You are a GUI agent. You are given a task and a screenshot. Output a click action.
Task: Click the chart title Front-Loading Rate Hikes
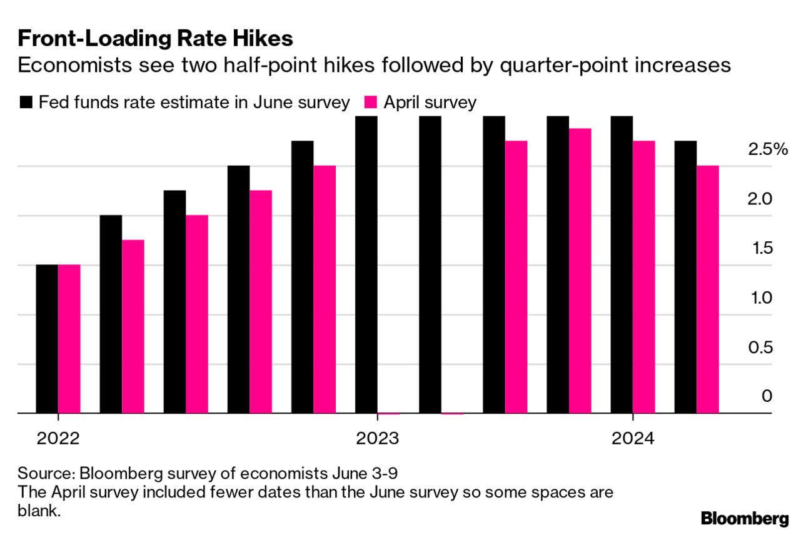(x=155, y=39)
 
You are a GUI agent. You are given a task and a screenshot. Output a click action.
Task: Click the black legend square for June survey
(x=26, y=102)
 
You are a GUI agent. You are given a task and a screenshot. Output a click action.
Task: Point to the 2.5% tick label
(x=767, y=149)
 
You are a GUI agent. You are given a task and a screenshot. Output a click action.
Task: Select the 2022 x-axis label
(x=58, y=439)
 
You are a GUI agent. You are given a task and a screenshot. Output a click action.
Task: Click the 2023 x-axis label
(x=377, y=439)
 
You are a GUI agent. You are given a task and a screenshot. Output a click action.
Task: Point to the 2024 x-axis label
(x=633, y=439)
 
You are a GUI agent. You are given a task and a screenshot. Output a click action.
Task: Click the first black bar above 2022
(x=47, y=339)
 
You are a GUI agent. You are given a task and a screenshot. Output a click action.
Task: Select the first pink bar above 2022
(x=69, y=339)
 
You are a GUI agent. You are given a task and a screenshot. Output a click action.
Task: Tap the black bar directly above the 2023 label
(x=366, y=264)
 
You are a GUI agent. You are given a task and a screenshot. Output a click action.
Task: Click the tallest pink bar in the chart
(x=580, y=271)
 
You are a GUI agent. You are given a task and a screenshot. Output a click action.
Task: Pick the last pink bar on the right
(x=708, y=289)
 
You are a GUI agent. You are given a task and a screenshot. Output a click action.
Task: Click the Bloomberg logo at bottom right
(x=745, y=518)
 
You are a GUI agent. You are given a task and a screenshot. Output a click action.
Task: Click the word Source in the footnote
(x=39, y=471)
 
